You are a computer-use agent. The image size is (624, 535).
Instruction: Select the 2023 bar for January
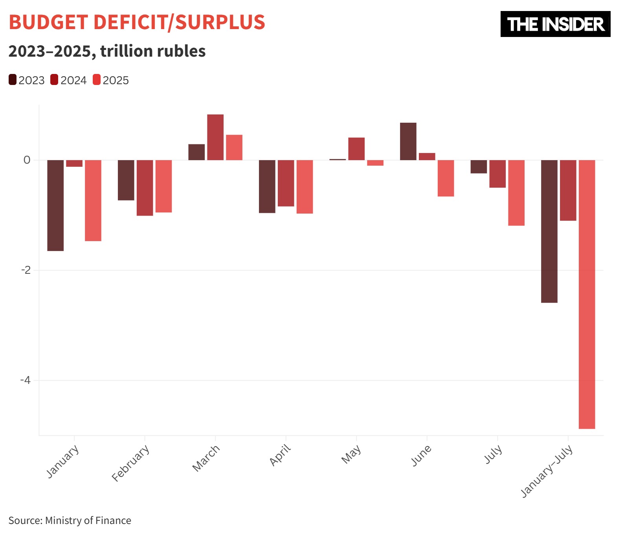click(x=55, y=205)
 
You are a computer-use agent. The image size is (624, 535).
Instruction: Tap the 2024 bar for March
click(x=215, y=137)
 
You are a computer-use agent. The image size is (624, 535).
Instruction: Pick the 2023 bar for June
click(x=408, y=142)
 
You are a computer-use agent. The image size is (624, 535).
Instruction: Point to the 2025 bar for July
click(x=516, y=193)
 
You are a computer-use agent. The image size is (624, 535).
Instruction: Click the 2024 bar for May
click(x=356, y=149)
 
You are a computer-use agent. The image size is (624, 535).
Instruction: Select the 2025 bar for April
click(x=305, y=187)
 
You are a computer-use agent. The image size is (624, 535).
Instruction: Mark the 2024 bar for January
click(x=74, y=163)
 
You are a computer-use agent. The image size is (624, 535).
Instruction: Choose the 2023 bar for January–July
click(x=549, y=231)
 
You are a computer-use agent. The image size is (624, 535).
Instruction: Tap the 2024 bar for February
click(x=145, y=188)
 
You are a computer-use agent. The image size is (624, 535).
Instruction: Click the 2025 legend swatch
click(x=97, y=80)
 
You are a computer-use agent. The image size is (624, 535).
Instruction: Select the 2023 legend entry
click(x=27, y=80)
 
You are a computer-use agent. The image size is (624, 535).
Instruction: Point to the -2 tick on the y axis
click(x=26, y=270)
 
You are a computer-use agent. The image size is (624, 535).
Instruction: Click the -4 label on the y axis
click(x=26, y=380)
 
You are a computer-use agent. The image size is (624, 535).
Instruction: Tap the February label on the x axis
click(x=131, y=463)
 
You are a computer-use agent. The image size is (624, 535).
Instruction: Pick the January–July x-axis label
click(x=547, y=472)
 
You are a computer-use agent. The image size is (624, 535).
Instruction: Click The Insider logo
click(x=555, y=24)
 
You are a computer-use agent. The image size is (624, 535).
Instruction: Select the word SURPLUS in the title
click(x=220, y=22)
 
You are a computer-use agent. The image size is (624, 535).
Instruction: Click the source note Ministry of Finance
click(x=88, y=520)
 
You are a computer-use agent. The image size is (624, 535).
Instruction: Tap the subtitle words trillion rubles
click(x=153, y=52)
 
